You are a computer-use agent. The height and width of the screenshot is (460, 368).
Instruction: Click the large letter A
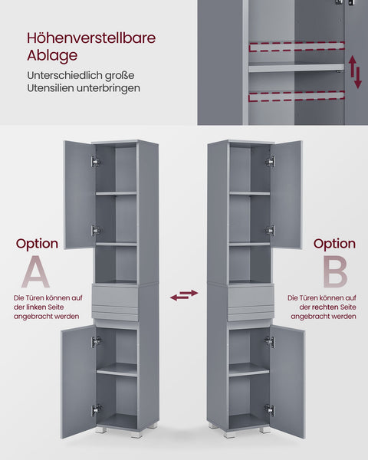[x=37, y=272]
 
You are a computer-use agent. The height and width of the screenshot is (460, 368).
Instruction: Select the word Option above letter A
[x=37, y=244]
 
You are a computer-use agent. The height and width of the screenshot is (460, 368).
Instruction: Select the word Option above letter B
[x=333, y=244]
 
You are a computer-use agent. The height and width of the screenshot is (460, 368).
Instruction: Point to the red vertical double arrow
[x=356, y=71]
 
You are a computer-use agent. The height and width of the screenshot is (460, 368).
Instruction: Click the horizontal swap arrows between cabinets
[x=184, y=294]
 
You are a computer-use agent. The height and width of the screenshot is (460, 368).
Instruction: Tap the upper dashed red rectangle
[x=296, y=47]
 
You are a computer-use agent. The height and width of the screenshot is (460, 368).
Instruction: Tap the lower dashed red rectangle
[x=296, y=97]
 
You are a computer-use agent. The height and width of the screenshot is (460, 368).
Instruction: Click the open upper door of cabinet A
[x=78, y=195]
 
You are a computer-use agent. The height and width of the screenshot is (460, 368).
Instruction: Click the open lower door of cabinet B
[x=287, y=380]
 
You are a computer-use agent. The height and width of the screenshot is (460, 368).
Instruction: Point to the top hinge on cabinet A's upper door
[x=95, y=162]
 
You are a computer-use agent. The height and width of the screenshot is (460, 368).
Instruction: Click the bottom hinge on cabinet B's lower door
[x=269, y=409]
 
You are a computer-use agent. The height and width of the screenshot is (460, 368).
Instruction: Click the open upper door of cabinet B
[x=287, y=195]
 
